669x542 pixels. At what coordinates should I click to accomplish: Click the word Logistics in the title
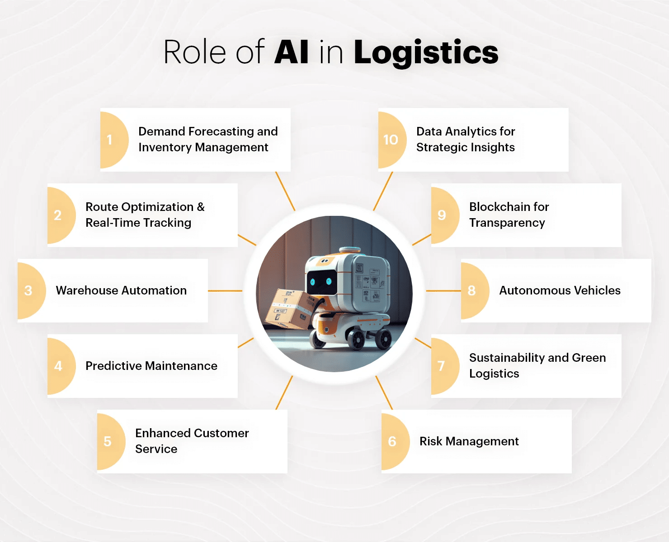point(426,53)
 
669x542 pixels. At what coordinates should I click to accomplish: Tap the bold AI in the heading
point(292,52)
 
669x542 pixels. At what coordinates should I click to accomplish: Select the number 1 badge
point(111,140)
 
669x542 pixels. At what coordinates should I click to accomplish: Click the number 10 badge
point(391,140)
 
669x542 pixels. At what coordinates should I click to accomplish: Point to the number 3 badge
point(29,290)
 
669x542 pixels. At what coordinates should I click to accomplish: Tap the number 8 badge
point(472,290)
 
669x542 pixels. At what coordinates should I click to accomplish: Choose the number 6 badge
point(393,441)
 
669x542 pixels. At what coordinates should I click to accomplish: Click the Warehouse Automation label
point(121,290)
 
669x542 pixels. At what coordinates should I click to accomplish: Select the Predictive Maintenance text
point(151,366)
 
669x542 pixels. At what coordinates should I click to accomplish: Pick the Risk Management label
point(469,441)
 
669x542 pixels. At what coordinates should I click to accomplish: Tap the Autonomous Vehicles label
point(560,290)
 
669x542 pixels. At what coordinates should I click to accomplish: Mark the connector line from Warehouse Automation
point(225,290)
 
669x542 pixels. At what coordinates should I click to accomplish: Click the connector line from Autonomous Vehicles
point(443,290)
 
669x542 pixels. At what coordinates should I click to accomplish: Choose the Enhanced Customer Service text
point(192,441)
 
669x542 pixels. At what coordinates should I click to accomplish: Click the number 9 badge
point(443,215)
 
